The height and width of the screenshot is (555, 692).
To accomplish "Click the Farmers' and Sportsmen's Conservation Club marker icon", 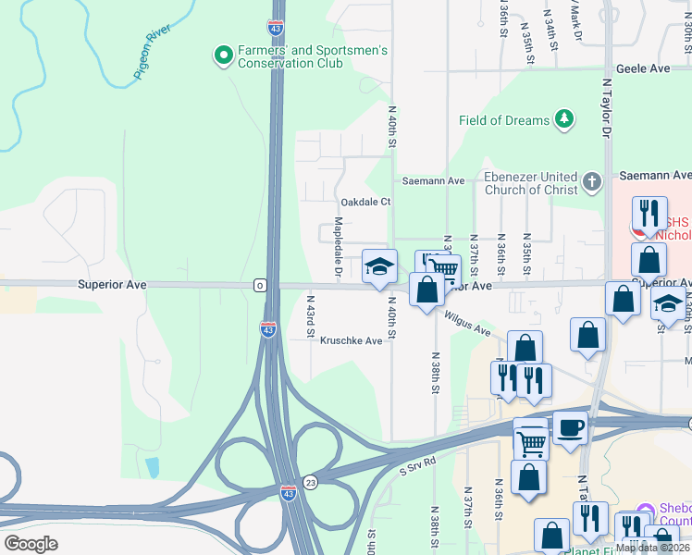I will tap(223, 56).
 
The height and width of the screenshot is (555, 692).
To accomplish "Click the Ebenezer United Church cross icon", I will tap(592, 182).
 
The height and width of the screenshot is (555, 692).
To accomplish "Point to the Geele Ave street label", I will tap(643, 69).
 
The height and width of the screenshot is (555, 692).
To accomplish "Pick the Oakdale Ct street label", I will tap(365, 202).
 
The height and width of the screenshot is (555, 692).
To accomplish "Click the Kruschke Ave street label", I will tap(351, 341).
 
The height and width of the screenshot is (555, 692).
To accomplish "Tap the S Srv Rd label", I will tap(417, 460).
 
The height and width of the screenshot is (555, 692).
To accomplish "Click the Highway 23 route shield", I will tap(311, 482).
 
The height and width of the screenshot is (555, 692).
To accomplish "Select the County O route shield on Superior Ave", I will tap(261, 286).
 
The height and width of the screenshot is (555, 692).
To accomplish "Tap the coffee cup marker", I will tap(570, 427).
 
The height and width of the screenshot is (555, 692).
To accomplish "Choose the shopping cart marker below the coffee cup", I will tap(531, 443).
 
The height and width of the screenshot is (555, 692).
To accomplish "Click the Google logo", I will tap(31, 544).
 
